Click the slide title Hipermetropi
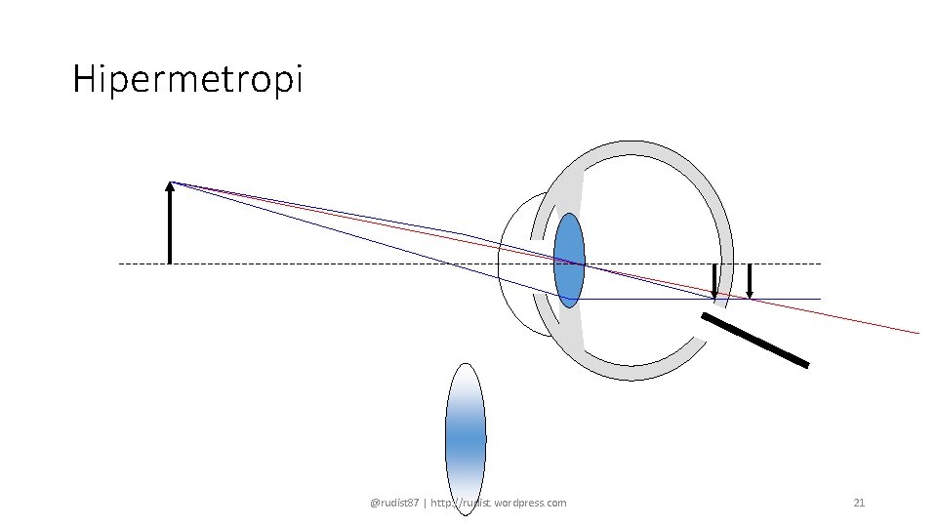point(187,79)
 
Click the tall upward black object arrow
point(170,224)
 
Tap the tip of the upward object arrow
point(170,183)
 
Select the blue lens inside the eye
point(569,260)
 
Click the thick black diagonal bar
point(755,340)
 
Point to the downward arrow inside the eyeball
point(714,281)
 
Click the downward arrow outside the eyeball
point(750,281)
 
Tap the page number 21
point(859,503)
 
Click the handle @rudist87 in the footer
point(392,503)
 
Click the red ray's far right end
point(917,333)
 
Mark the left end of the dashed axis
point(120,263)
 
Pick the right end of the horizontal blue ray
point(819,299)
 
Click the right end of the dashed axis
point(820,263)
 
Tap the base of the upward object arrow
point(170,262)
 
